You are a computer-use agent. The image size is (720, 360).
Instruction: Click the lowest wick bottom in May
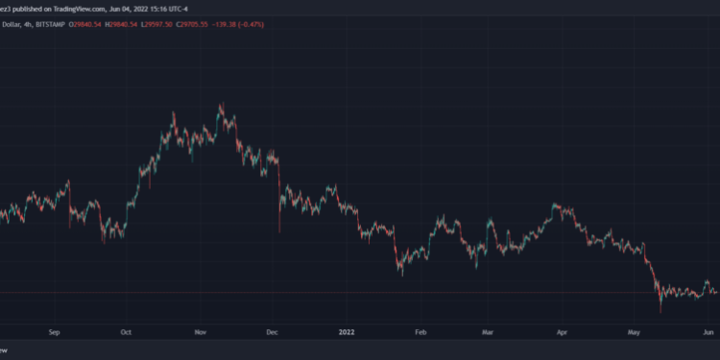tap(660, 311)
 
